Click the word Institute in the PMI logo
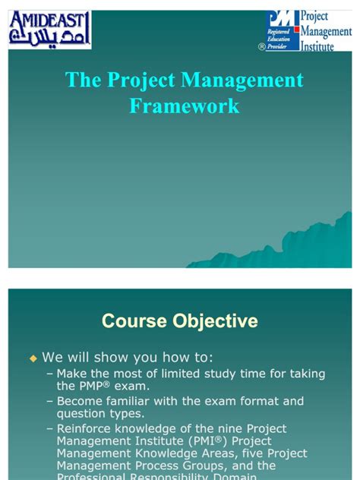pos(323,46)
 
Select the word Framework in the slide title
pos(184,106)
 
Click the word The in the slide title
pos(82,81)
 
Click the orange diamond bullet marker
pos(33,356)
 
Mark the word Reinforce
pos(86,428)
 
